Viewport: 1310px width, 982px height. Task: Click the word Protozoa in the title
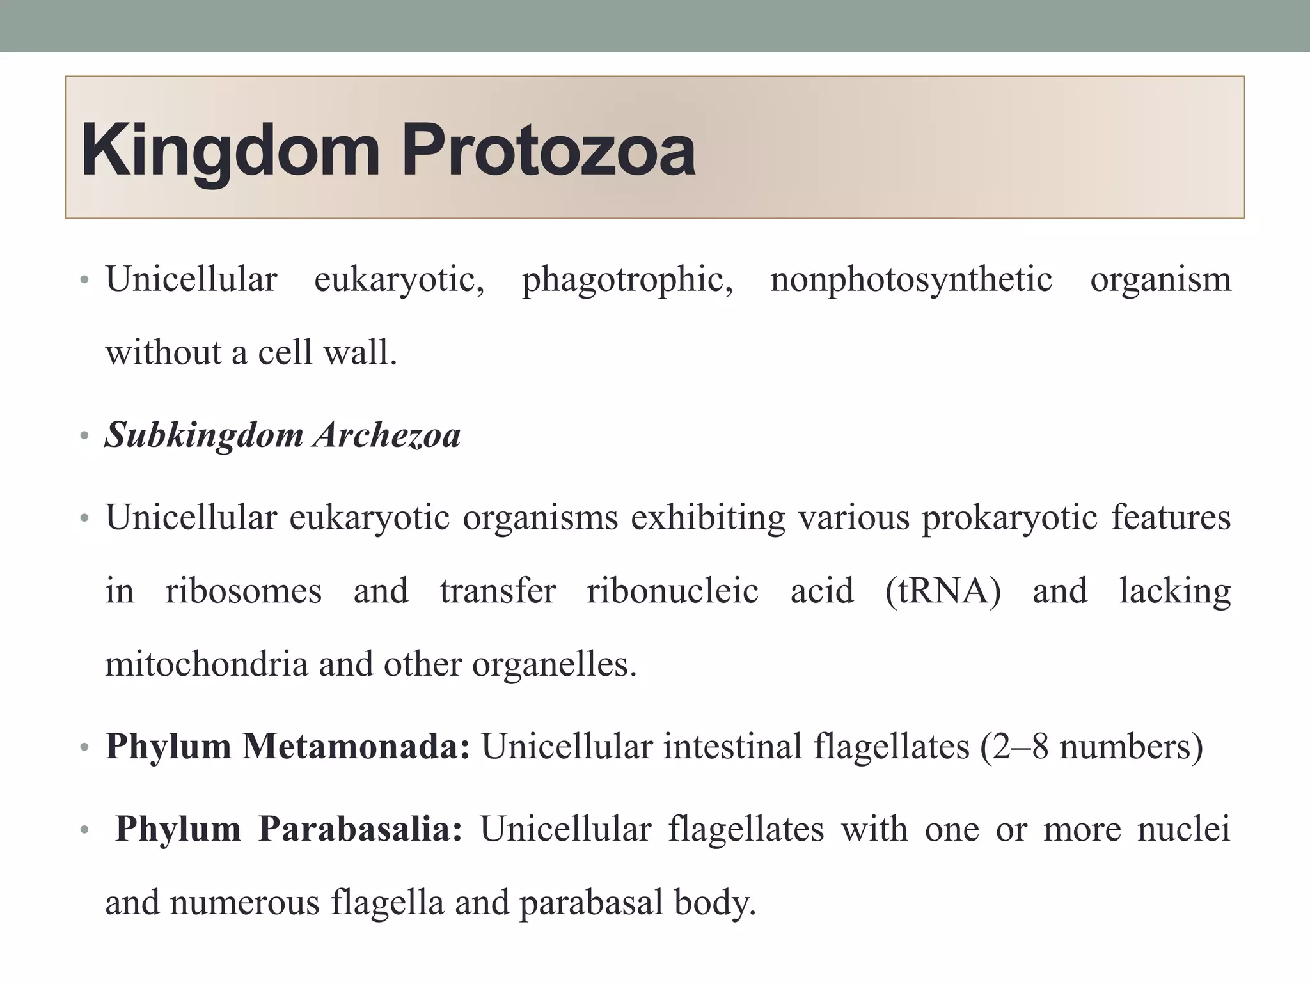click(548, 151)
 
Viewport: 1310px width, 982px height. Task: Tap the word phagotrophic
click(627, 279)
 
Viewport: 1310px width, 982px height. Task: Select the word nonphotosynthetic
click(911, 279)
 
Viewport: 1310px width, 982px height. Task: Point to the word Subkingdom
click(204, 435)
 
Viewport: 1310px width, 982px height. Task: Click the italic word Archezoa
click(387, 435)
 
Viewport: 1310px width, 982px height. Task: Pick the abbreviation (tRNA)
click(943, 590)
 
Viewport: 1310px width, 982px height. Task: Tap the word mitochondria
click(206, 664)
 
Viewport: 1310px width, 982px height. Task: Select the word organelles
click(554, 664)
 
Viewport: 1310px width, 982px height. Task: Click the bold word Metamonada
click(356, 745)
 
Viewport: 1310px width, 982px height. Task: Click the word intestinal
click(732, 745)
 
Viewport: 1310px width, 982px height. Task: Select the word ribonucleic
click(672, 590)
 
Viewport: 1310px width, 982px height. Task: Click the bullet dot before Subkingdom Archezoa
click(84, 437)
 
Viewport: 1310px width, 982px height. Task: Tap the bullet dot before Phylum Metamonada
click(84, 747)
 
